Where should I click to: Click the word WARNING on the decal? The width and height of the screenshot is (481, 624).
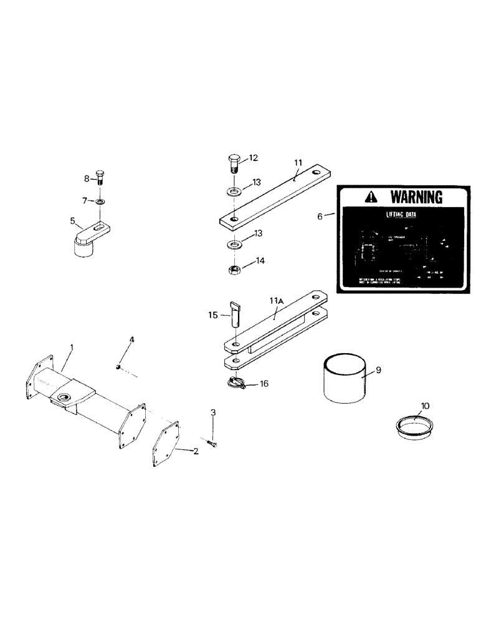[x=416, y=197]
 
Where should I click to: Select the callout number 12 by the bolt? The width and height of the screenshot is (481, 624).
[x=254, y=158]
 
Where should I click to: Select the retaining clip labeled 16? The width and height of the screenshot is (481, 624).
[x=236, y=384]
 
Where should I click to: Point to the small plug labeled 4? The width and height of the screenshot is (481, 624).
[x=118, y=366]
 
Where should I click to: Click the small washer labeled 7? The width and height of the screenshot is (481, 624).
[x=100, y=202]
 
